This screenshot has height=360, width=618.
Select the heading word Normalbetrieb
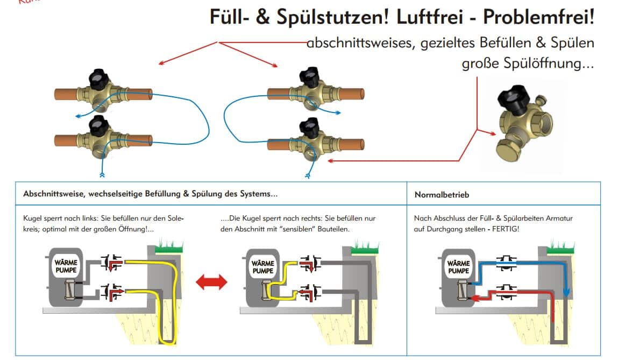tap(442, 195)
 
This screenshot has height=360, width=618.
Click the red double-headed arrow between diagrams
tap(211, 281)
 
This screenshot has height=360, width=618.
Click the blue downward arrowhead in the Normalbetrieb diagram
tap(566, 292)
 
